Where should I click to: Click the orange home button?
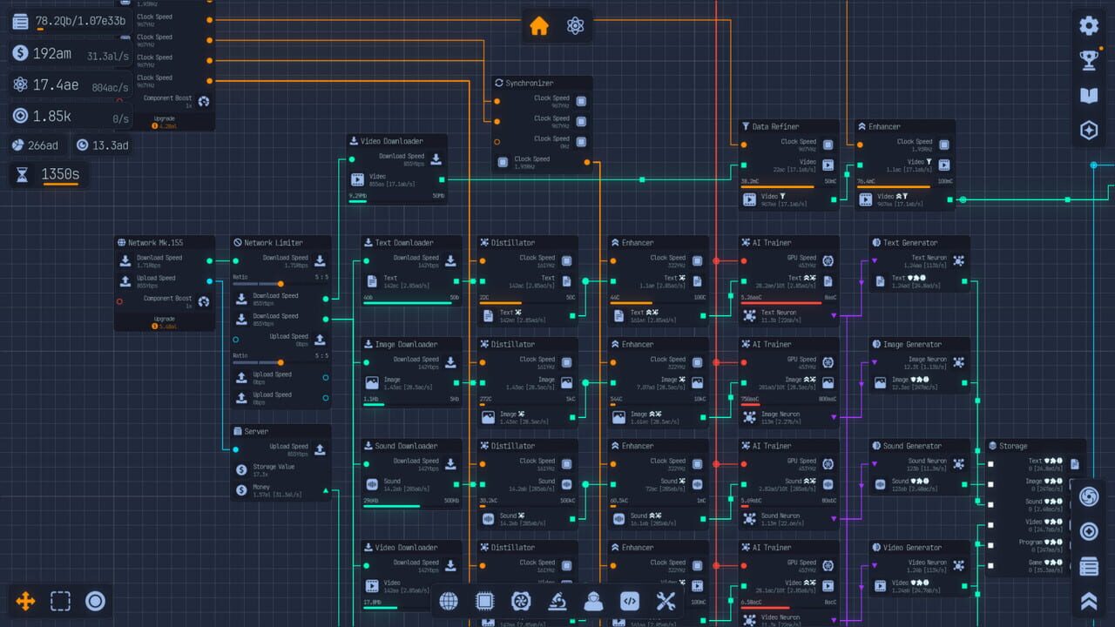pyautogui.click(x=539, y=26)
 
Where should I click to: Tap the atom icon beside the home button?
pyautogui.click(x=575, y=26)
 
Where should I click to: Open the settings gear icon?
pyautogui.click(x=1088, y=25)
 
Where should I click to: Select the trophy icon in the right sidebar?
pyautogui.click(x=1088, y=60)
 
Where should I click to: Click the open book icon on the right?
pyautogui.click(x=1088, y=95)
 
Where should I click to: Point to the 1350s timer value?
pyautogui.click(x=60, y=175)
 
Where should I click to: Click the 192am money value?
pyautogui.click(x=52, y=54)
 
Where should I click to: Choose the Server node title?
pyautogui.click(x=256, y=431)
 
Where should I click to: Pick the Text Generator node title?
pyautogui.click(x=910, y=243)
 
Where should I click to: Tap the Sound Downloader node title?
pyautogui.click(x=406, y=446)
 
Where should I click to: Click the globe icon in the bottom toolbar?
pyautogui.click(x=449, y=601)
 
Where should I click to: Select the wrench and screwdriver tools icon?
pyautogui.click(x=666, y=601)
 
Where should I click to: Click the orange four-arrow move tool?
pyautogui.click(x=26, y=601)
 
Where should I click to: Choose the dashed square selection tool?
pyautogui.click(x=60, y=601)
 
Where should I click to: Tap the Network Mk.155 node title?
pyautogui.click(x=155, y=243)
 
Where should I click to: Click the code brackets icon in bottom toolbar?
pyautogui.click(x=630, y=601)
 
